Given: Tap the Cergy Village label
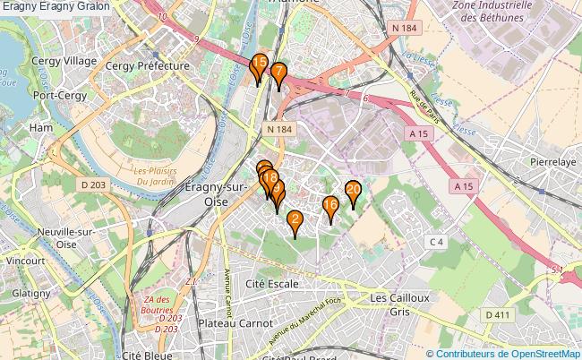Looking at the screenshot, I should point(64,60).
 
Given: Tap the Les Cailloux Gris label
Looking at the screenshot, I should point(400,304).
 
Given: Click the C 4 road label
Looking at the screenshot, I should point(436,242).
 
